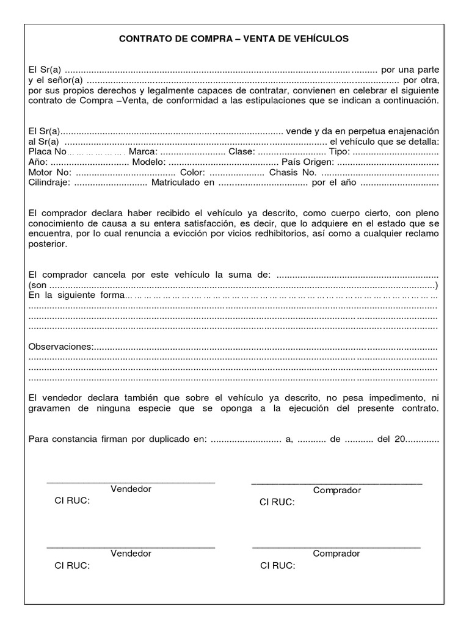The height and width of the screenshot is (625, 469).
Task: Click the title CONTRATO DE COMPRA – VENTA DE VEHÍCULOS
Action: [x=234, y=38]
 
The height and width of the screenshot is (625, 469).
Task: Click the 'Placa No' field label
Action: [x=47, y=151]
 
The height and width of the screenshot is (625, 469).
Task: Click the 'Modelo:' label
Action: [x=147, y=162]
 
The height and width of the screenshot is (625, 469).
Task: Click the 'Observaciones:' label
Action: [x=61, y=347]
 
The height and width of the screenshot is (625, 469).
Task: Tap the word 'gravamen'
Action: [x=50, y=407]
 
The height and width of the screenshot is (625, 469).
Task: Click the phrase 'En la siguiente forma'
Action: [x=76, y=295]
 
